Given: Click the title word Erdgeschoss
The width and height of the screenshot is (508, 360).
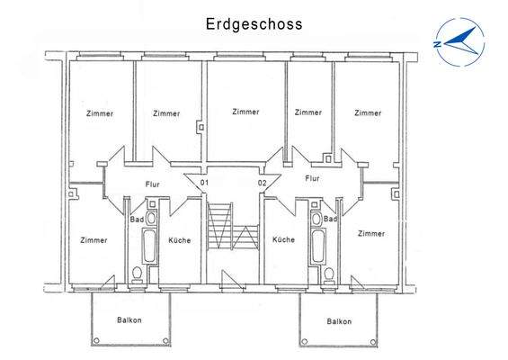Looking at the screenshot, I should tap(253, 24).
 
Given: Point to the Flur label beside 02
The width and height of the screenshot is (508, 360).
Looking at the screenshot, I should tap(312, 179).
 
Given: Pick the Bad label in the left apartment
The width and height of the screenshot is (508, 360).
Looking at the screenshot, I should tap(138, 220).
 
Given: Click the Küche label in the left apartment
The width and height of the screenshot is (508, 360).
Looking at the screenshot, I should tap(179, 240).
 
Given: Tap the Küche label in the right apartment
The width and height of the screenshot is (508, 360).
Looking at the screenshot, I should tap(284, 240).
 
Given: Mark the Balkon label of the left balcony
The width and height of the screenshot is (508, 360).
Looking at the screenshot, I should tap(129, 320).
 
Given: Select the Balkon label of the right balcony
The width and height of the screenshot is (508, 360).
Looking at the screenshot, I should tap(339, 320).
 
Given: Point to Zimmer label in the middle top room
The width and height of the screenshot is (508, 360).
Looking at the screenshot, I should tap(245, 112).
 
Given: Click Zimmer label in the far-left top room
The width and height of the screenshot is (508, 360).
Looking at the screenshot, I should tap(100, 113).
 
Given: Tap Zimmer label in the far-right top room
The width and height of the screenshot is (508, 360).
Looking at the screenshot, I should tap(368, 113).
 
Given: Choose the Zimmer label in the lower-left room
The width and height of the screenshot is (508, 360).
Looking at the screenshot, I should tap(94, 240).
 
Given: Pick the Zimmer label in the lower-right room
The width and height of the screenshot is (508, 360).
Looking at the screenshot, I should tap(370, 234).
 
